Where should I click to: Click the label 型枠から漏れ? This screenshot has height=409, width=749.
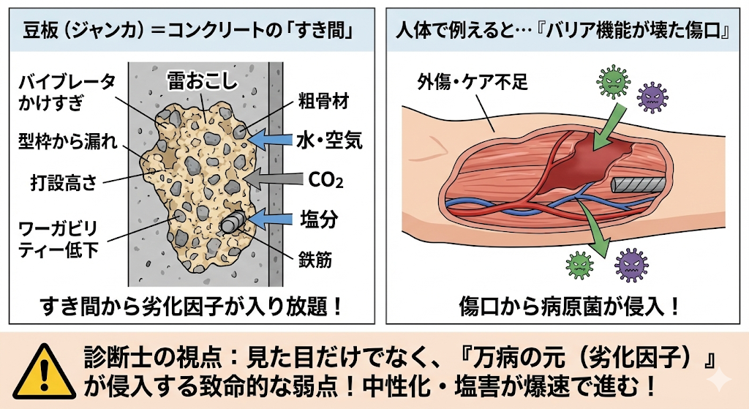point(68,140)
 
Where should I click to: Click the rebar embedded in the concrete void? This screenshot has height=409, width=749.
point(231,222)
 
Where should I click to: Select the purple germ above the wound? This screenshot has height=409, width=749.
point(652,94)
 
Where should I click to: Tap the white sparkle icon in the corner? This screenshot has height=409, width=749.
point(720,378)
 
